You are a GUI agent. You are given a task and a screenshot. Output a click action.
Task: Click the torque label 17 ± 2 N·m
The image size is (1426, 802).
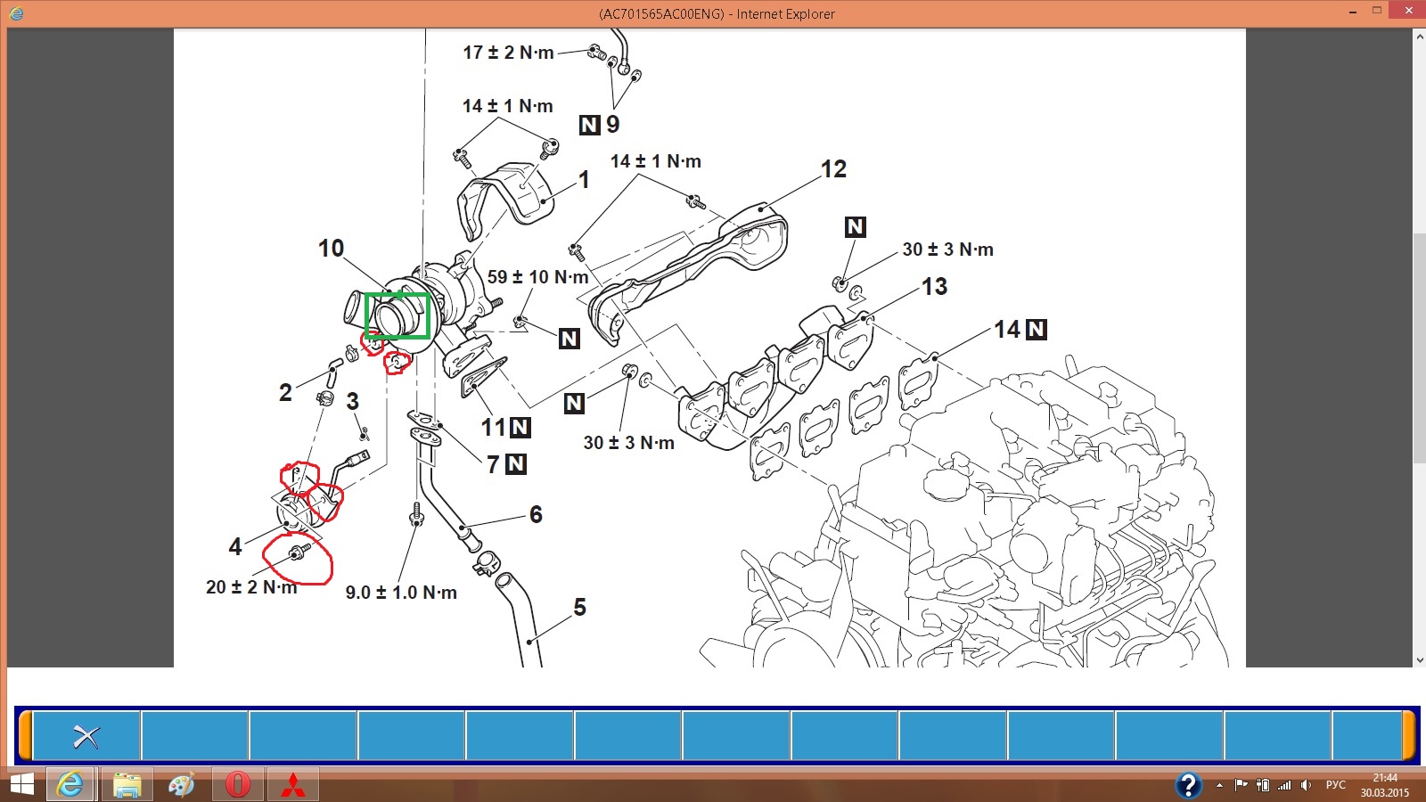pos(508,53)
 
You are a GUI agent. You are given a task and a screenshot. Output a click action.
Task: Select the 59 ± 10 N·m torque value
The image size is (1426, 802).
pos(538,277)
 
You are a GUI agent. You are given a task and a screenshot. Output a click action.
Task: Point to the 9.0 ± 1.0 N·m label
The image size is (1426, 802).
pos(401,593)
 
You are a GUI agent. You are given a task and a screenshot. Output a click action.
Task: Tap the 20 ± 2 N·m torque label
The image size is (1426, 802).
pos(251,587)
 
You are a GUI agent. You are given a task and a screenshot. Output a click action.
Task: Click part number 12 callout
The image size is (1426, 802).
pos(833,169)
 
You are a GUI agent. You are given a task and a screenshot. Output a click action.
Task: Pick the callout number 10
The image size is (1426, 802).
pos(331,249)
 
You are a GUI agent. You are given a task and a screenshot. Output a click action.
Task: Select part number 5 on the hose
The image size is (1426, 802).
pos(579,607)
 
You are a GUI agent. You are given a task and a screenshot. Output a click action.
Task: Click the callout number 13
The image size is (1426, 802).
pos(935,286)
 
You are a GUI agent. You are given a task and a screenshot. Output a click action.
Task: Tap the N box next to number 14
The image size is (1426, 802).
pos(1037,329)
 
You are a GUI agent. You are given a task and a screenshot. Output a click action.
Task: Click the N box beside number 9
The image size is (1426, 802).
pos(589,125)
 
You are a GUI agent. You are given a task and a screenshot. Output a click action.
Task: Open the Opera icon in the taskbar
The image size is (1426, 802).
pos(237,784)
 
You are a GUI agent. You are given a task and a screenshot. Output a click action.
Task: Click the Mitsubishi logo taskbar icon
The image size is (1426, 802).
pos(293,785)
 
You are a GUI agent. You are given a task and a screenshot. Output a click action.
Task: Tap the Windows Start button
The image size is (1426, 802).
pos(20,785)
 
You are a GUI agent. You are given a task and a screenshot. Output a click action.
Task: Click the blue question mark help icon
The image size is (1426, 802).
pos(1188,785)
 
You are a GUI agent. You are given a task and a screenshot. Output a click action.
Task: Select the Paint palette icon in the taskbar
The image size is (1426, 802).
pos(182,785)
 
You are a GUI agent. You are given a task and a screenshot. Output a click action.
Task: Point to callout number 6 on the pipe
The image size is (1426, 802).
pos(536,514)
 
